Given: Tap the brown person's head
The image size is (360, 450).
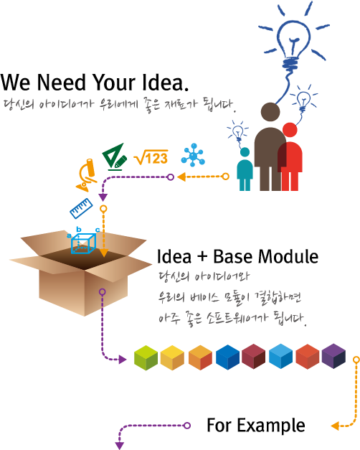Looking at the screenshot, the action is click(270, 112).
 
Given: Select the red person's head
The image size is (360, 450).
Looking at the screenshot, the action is click(290, 130).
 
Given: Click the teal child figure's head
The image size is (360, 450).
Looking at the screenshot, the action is click(245, 152).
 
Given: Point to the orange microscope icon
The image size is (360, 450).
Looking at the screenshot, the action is click(86, 175).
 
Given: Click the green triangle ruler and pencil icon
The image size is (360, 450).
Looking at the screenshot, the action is click(115, 156).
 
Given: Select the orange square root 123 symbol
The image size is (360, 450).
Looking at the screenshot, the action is click(151, 157).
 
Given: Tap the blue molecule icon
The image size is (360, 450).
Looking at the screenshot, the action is click(193, 155).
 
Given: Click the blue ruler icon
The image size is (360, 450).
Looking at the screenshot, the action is click(81, 208).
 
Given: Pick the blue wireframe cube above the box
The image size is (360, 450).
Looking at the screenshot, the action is click(83, 243).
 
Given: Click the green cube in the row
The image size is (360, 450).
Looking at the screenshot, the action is click(146, 357).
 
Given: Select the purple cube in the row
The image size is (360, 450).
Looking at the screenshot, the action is click(333, 356).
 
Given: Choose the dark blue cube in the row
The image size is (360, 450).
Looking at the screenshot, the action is click(227, 357).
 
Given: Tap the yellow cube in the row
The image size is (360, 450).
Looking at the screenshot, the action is click(172, 357).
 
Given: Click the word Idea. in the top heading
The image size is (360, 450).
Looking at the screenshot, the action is click(166, 83).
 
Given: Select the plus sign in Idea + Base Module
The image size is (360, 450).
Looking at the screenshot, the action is click(202, 256).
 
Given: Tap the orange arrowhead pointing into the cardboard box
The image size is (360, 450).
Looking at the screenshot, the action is click(103, 253).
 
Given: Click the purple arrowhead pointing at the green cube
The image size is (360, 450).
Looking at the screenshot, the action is click(123, 360).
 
